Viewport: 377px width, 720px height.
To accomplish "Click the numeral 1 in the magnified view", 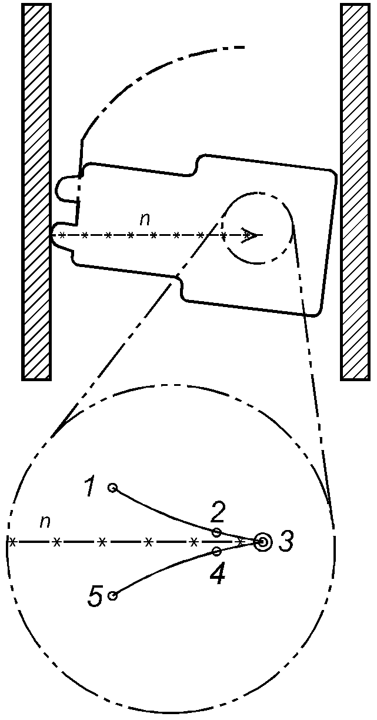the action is click(x=90, y=486).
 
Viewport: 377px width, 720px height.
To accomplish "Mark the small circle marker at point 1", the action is click(x=112, y=488).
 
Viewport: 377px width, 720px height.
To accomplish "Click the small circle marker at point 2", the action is click(x=217, y=532).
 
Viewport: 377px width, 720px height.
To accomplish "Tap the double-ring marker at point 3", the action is click(x=262, y=542).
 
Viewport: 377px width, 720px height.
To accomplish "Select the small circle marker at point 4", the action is click(x=217, y=551).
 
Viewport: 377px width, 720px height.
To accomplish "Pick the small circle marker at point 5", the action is click(x=112, y=595).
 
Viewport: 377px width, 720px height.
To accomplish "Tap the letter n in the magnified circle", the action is click(x=44, y=521).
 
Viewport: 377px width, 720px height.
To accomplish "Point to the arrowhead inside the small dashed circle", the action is click(x=251, y=236).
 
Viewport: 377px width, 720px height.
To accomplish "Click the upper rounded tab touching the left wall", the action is click(x=66, y=188).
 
